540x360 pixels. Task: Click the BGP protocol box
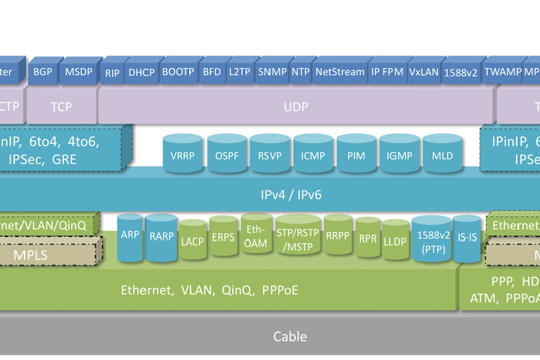43,72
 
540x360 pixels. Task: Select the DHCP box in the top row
141,72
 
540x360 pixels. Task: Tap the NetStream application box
340,72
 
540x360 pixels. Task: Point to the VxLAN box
423,72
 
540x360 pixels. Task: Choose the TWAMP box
503,72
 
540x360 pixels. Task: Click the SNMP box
272,72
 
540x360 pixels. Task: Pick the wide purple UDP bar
295,107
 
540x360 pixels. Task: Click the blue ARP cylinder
130,236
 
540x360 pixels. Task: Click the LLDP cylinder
394,239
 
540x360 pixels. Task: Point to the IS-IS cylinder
468,238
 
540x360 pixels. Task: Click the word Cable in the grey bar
290,337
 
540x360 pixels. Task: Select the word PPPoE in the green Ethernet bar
280,289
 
